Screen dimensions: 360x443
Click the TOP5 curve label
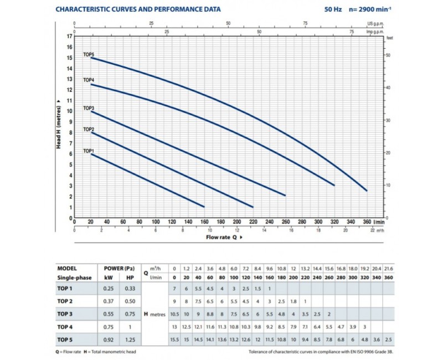point(89,54)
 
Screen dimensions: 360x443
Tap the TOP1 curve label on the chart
point(89,151)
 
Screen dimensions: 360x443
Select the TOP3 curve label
point(89,107)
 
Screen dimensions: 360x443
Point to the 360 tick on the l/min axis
point(367,222)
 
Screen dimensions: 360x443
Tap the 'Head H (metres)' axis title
point(58,127)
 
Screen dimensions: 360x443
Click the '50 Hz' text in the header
point(333,9)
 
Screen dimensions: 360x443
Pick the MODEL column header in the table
point(66,268)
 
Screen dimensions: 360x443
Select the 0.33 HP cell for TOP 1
point(130,289)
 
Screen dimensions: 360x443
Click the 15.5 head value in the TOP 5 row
point(175,339)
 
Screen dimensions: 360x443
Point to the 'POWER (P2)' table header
point(120,268)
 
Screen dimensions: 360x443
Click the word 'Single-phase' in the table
point(73,277)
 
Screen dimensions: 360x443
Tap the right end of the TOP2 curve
point(253,207)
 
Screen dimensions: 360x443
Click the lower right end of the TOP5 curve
point(367,191)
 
